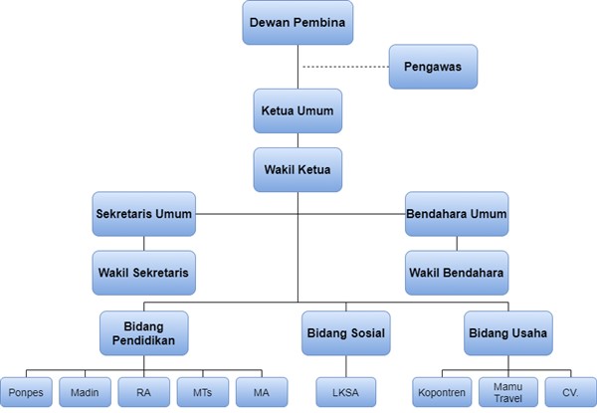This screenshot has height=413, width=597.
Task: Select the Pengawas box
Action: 434,67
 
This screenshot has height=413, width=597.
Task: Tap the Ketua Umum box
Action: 298,112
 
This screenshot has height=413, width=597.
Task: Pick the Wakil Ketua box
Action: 298,169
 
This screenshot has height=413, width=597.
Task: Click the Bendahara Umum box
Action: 457,213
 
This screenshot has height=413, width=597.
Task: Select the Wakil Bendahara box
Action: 457,271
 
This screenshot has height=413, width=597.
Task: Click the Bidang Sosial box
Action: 345,331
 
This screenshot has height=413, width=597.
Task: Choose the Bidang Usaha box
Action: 506,331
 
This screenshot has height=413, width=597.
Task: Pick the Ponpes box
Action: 27,392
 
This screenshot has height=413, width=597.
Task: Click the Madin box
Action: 86,392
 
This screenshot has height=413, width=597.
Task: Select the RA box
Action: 145,392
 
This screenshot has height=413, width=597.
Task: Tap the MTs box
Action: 204,392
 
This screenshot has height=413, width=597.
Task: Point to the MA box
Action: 262,392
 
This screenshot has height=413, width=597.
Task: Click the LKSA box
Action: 345,392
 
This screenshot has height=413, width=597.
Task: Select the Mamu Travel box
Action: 507,392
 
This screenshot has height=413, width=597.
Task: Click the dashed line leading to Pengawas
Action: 343,67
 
